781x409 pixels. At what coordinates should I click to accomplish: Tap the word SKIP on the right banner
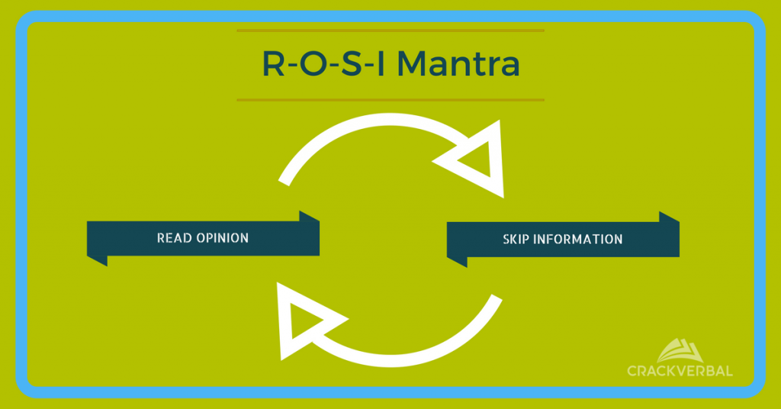516,239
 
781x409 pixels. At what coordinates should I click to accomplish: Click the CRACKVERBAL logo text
680,371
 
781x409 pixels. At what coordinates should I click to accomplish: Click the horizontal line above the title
390,31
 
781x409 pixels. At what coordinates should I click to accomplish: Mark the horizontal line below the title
390,99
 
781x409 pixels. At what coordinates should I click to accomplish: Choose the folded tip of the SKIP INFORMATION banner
669,217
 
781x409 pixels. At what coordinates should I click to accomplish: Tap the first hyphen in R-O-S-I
292,68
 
